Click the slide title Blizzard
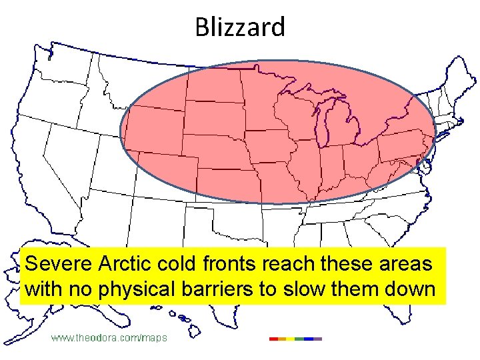240,27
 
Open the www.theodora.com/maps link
109,338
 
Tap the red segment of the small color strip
274,339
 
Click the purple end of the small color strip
317,339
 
